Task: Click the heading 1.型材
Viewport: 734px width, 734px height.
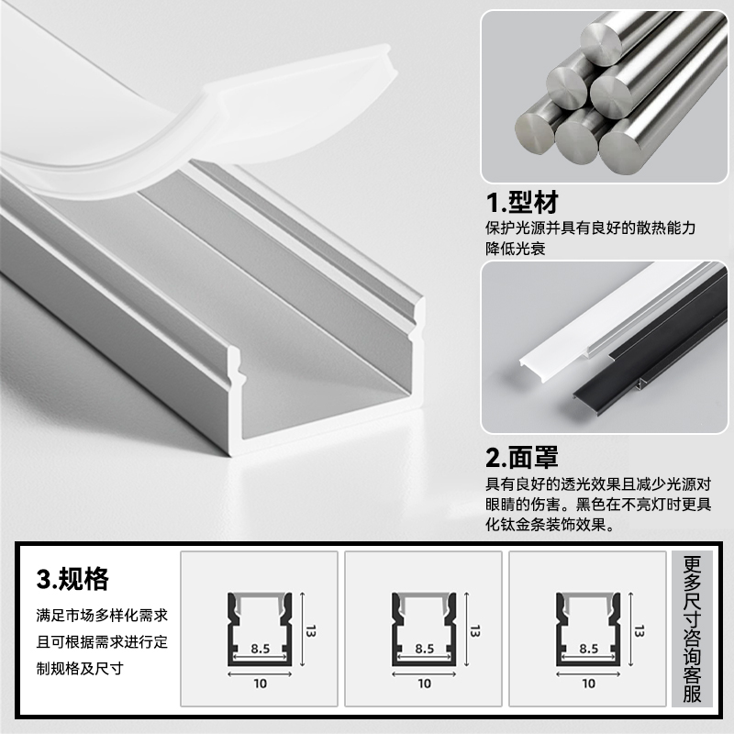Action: [x=521, y=203]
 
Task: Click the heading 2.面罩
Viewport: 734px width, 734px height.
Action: [x=521, y=456]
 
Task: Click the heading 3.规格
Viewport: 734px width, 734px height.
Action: [x=72, y=580]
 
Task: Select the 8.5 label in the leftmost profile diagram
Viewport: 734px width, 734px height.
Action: [x=260, y=648]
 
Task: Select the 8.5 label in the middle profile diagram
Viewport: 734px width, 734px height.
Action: [x=424, y=648]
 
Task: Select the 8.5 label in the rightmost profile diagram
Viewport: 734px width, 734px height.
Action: [x=588, y=648]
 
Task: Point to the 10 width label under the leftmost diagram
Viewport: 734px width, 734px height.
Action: [x=260, y=683]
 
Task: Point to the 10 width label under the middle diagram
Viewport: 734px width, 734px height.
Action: [x=424, y=683]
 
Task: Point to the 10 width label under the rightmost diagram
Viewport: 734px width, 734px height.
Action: [x=588, y=683]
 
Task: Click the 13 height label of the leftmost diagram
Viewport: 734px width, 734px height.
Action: [x=311, y=630]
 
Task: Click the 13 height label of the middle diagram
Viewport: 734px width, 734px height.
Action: [x=475, y=630]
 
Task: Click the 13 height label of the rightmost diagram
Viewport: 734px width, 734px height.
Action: [x=639, y=630]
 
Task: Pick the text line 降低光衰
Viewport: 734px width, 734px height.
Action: [x=516, y=248]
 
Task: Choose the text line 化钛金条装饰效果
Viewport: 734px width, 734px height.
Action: [x=549, y=526]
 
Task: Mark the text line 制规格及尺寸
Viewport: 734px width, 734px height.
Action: [x=84, y=667]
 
